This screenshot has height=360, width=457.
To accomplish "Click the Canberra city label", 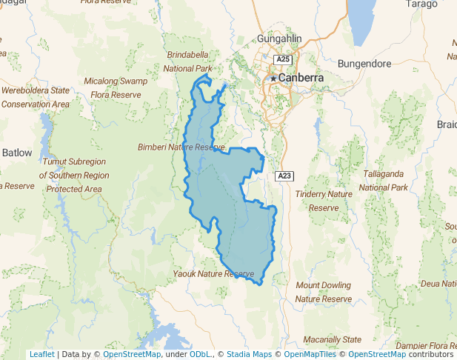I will pos(302,78).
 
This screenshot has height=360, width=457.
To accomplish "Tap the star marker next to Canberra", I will pos(273,78).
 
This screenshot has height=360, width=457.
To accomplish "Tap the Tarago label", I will pos(423,4).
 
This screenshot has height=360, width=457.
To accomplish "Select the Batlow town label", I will pos(17,153).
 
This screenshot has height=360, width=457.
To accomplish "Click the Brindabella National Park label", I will pos(188,61).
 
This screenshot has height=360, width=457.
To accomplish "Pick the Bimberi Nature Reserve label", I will pos(181,147).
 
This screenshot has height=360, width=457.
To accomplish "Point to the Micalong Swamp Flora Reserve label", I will pos(116,87).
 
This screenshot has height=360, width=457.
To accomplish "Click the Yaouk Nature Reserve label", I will pos(213,274).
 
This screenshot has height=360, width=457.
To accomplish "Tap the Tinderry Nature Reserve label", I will pos(323,201).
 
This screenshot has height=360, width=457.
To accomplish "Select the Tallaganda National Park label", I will pos(394,181).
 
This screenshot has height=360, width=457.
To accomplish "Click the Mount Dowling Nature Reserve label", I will pos(323,292).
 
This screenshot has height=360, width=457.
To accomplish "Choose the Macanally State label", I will pos(331,340).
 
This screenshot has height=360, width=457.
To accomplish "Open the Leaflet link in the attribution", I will pos(41,354).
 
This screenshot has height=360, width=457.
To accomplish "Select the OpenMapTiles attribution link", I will pos(310,354).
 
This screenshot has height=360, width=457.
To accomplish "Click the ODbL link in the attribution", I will pos(200,354).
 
